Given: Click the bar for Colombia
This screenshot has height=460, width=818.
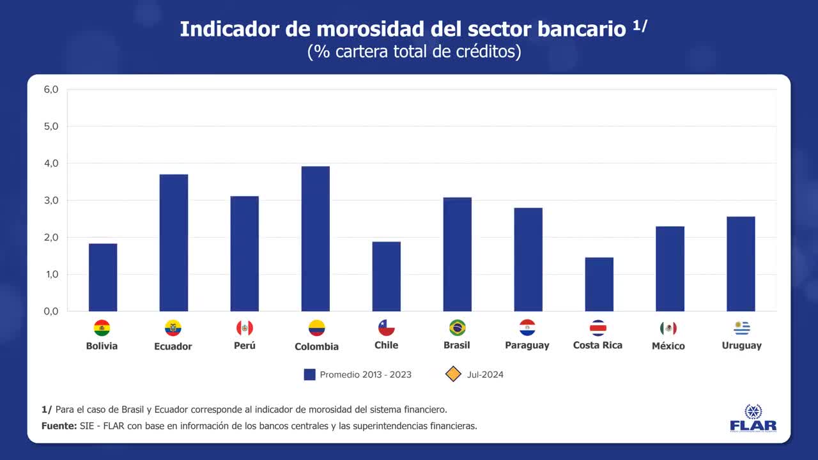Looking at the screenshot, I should point(316,239).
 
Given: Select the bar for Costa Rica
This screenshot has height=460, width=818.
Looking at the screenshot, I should point(599,284).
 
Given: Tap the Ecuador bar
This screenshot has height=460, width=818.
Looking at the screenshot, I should point(174,243).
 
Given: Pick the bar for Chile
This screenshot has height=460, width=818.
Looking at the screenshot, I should point(387,277).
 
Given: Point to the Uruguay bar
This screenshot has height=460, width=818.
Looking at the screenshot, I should point(741,264).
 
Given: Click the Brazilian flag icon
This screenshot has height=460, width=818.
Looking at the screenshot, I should point(457,328).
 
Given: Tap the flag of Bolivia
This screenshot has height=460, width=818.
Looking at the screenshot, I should point(102,328).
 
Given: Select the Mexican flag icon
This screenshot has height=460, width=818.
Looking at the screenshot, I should point(668,328).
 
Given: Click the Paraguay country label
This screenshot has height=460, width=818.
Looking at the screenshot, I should point(527,346).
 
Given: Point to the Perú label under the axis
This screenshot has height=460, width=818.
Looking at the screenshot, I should point(245,346).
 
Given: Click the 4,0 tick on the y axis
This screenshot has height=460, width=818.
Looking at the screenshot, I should point(51,164).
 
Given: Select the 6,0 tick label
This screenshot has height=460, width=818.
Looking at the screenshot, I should point(51,89).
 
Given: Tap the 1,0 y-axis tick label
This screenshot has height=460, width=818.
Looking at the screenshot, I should point(51,275).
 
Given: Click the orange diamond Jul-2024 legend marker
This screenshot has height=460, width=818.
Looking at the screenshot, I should point(453,374).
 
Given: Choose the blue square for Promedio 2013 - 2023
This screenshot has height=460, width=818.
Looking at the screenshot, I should point(310,374).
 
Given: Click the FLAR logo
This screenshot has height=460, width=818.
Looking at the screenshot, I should point(753,418).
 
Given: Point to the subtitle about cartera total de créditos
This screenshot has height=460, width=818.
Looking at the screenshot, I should point(414,52).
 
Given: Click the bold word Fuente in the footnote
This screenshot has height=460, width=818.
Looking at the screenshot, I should point(58,425).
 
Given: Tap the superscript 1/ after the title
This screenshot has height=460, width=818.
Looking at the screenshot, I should point(640,25).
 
